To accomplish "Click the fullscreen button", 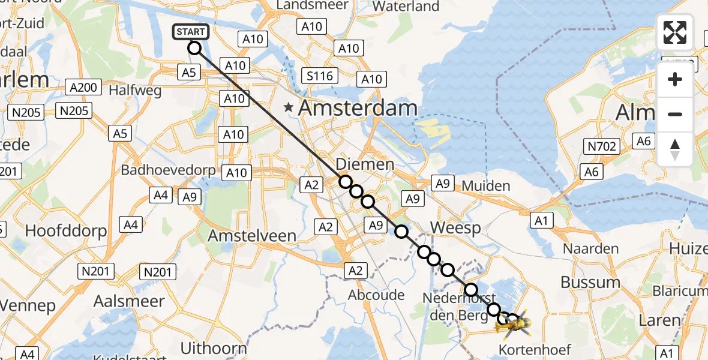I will pos(675,32).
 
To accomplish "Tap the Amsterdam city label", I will pos(358,108).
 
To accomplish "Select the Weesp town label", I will pos(455,228).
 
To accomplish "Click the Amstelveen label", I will pos(252,236).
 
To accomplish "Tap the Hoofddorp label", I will pos(66,230).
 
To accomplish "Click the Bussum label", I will pos(590,282).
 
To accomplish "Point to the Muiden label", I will pos(486,185).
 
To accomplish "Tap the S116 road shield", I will pos(320,76).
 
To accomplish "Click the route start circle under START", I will pos(194,48).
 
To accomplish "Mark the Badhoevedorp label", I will pos(168,170).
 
